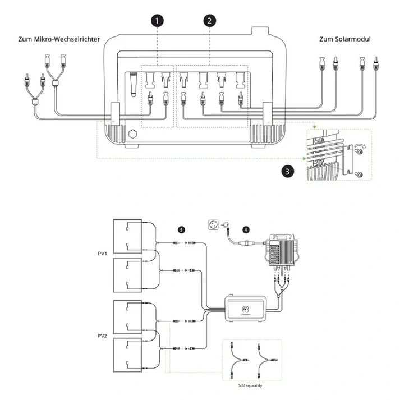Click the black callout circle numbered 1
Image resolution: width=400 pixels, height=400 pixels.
158,20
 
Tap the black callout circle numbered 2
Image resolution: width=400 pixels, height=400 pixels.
209,20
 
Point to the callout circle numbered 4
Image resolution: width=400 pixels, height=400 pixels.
246,229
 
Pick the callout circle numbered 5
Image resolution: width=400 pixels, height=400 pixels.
181,229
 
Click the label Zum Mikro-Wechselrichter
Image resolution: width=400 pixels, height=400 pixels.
59,39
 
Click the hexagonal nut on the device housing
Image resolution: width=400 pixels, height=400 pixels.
133,135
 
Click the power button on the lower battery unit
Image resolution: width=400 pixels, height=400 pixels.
245,309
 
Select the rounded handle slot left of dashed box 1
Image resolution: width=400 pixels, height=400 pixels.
134,84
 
